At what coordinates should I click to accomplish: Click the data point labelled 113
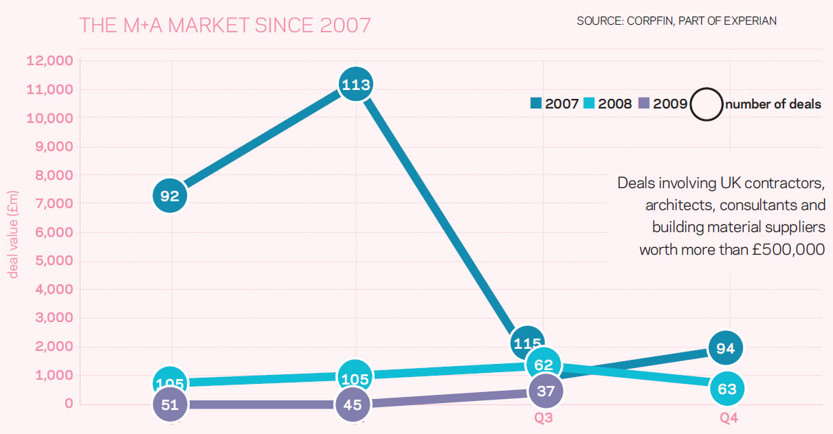tap(355, 84)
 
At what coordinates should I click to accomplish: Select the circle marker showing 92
tap(170, 196)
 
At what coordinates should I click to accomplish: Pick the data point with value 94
tap(726, 348)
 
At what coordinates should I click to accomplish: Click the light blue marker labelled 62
tap(543, 365)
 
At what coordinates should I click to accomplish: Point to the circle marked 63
tap(726, 389)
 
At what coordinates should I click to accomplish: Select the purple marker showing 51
tap(170, 404)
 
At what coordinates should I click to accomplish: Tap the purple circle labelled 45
tap(353, 404)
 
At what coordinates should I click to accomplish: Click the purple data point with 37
tap(546, 390)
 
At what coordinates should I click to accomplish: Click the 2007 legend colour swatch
tap(536, 104)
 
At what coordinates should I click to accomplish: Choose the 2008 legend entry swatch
tap(590, 104)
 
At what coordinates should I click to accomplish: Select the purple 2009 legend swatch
tap(644, 104)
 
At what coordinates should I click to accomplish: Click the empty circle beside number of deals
tap(707, 104)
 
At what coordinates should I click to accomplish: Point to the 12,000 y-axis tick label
tap(49, 61)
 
